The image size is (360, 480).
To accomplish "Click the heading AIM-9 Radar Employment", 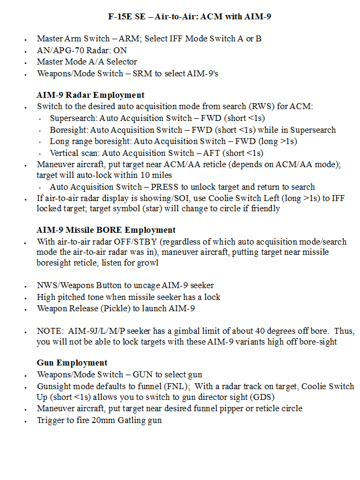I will tap(90, 95).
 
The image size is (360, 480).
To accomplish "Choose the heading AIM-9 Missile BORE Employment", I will tap(106, 230).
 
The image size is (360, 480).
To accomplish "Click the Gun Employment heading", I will tap(72, 363).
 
